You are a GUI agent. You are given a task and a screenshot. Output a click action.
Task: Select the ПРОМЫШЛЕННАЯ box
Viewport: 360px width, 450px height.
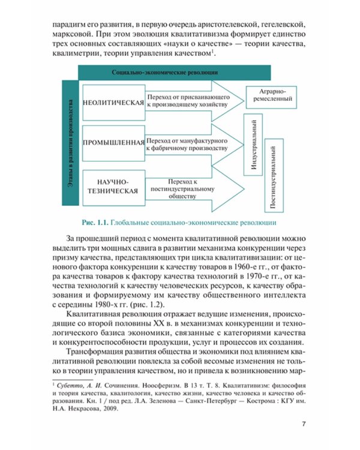(x=113, y=142)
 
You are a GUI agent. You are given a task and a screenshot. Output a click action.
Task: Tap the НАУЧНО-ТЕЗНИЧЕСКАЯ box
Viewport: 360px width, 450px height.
(x=113, y=185)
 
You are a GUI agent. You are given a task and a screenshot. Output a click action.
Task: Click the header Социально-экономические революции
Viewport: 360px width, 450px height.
(x=175, y=71)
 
